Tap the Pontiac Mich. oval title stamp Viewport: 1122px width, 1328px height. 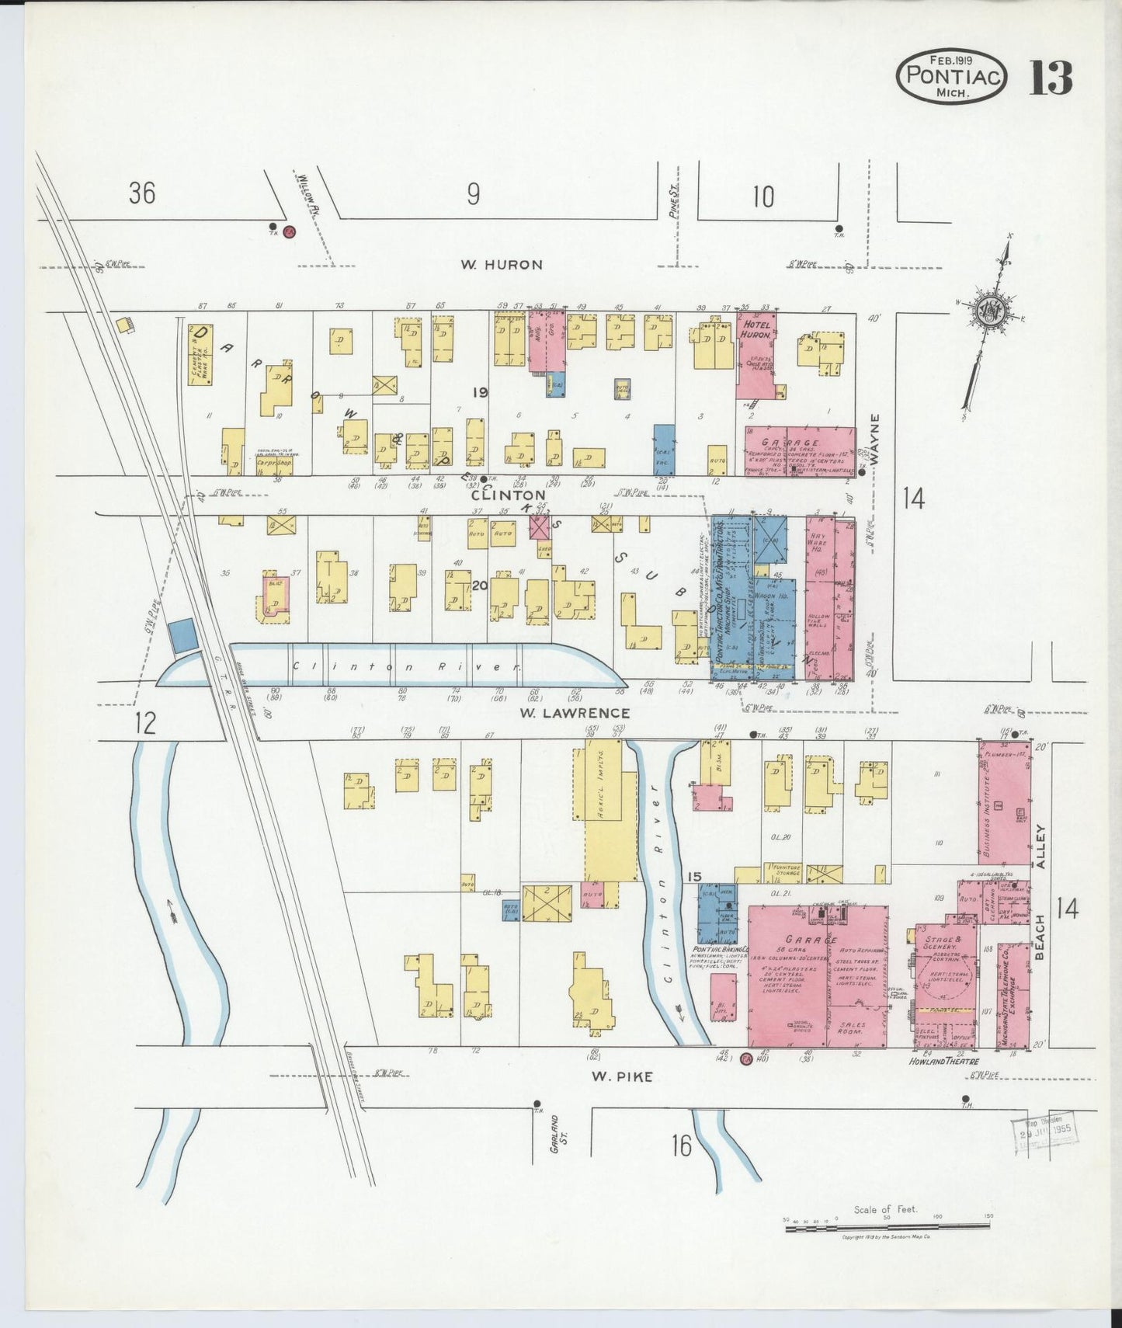(951, 76)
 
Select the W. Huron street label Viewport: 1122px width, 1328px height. (501, 264)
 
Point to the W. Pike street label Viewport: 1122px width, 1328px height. (621, 1076)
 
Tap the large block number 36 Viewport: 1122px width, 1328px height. (142, 192)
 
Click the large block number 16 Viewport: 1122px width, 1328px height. (681, 1145)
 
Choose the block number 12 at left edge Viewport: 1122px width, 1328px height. (144, 723)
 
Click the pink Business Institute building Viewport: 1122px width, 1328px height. (1003, 804)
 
